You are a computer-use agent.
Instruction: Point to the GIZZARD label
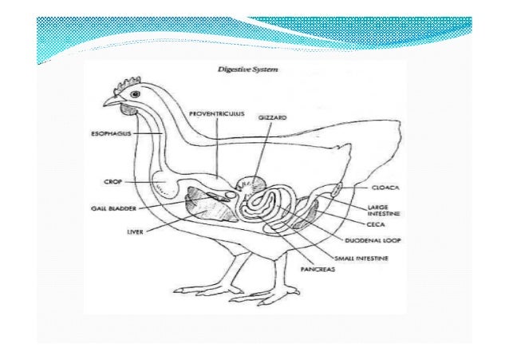click(x=271, y=118)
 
